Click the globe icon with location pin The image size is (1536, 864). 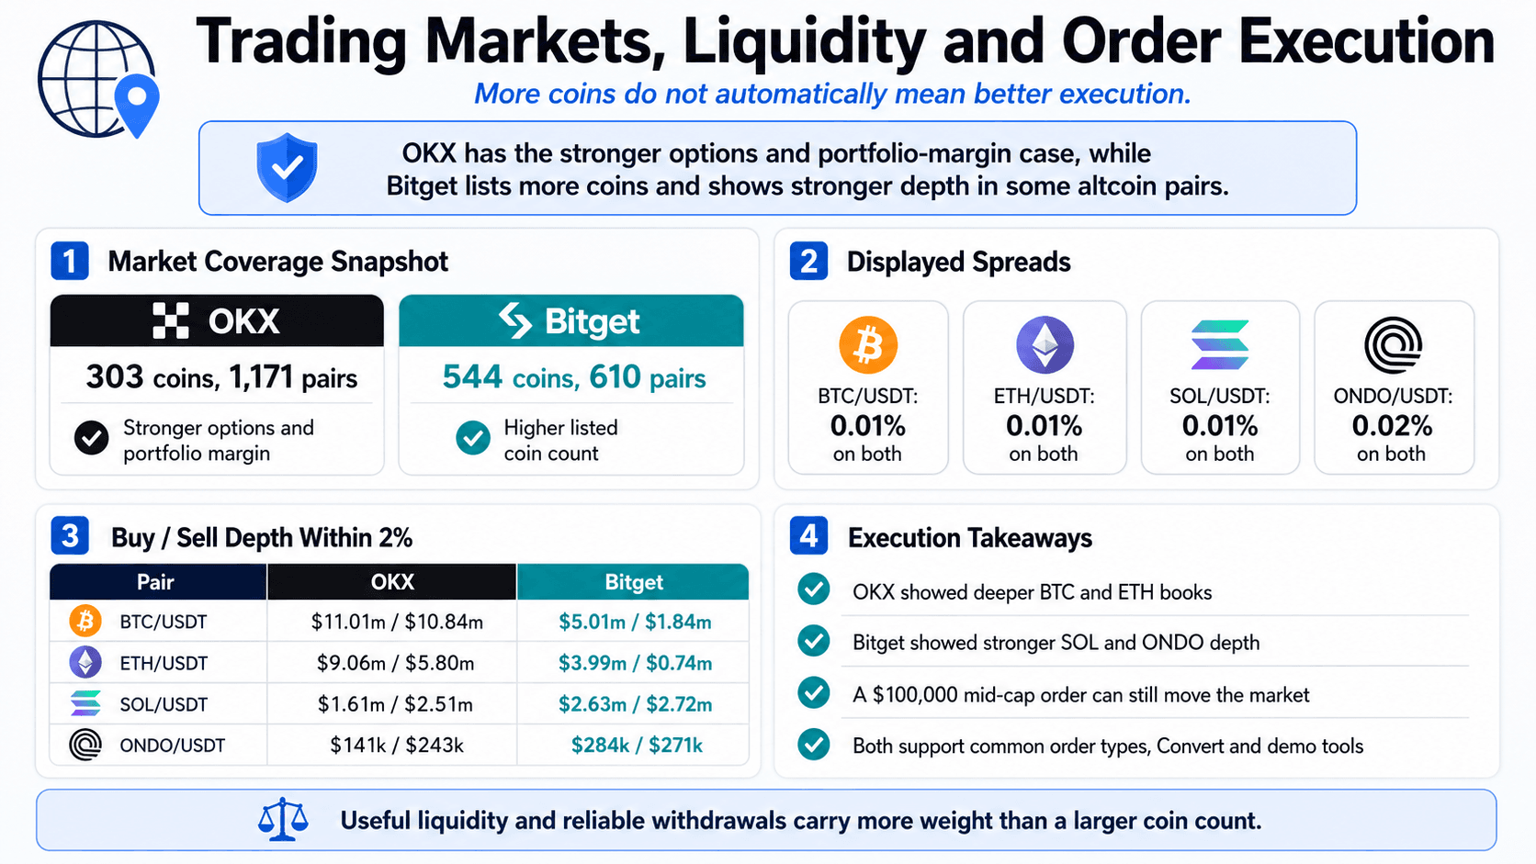[x=98, y=79]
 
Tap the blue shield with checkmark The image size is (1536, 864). [x=287, y=168]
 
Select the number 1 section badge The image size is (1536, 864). [x=69, y=261]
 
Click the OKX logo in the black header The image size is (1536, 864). [x=217, y=320]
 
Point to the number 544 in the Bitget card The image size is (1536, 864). [x=472, y=376]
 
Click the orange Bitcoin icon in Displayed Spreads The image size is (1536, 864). [x=868, y=344]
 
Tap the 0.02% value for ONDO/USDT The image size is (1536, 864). [x=1392, y=426]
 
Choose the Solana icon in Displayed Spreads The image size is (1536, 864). [x=1220, y=344]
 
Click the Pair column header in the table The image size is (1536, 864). [x=155, y=582]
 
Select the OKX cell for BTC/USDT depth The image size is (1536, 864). [x=397, y=622]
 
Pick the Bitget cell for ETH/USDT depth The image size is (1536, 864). [x=635, y=663]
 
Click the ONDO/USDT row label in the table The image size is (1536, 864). [x=172, y=745]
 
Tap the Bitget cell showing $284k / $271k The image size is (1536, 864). [x=637, y=745]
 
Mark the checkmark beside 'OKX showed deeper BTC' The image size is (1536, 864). [x=814, y=590]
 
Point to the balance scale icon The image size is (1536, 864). [x=283, y=819]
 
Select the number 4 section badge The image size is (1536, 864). [x=808, y=536]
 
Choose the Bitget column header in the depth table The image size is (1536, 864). [x=634, y=582]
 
